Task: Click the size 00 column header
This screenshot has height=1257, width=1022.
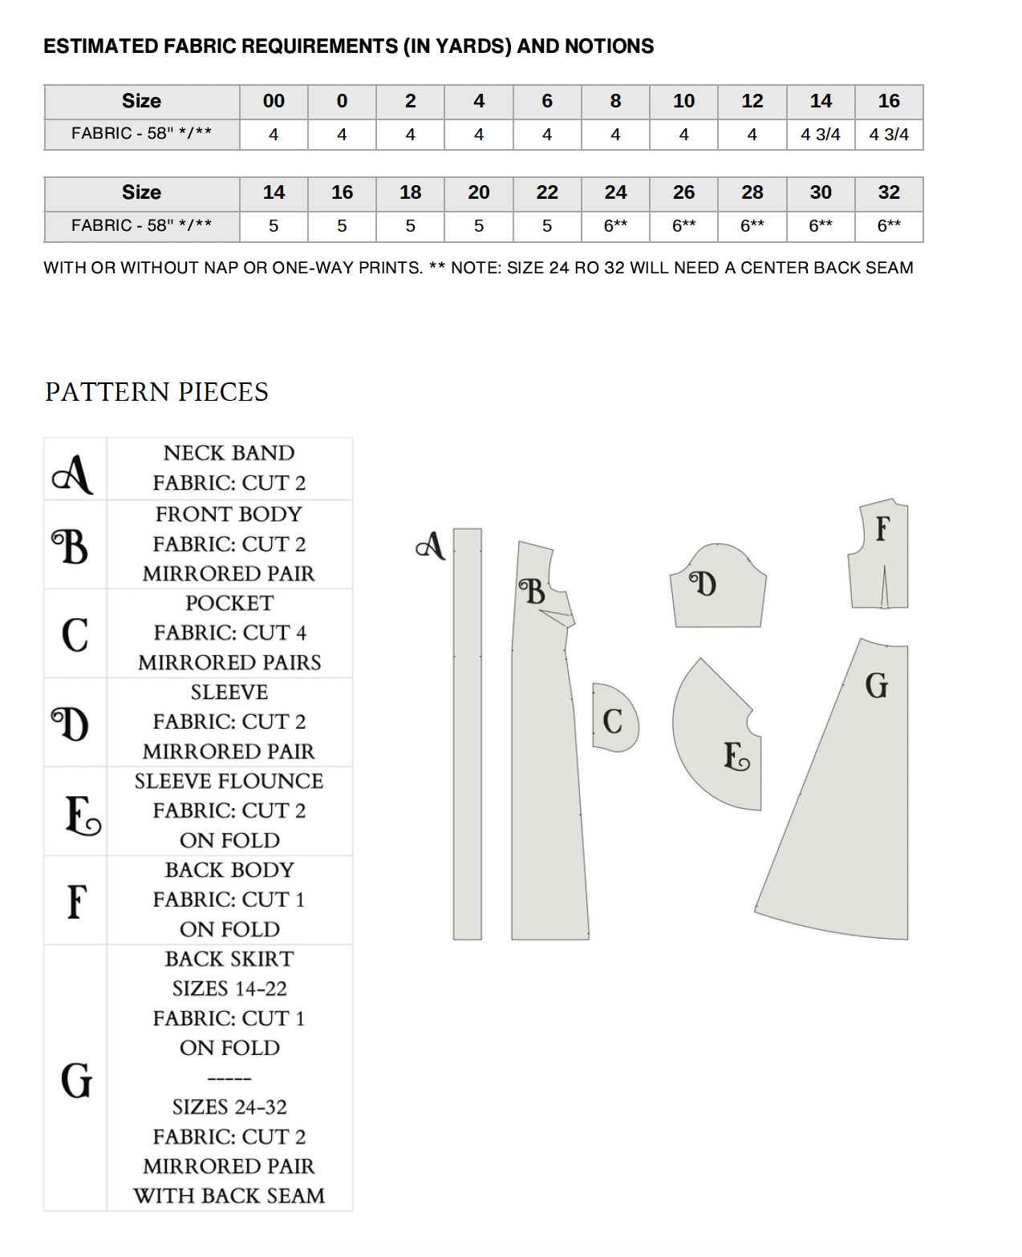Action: pyautogui.click(x=274, y=101)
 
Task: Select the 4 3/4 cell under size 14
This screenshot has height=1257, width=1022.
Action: pyautogui.click(x=821, y=135)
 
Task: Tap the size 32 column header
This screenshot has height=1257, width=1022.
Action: pyautogui.click(x=889, y=192)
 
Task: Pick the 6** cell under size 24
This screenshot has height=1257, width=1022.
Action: pyautogui.click(x=615, y=226)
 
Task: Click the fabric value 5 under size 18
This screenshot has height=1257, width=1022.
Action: pyautogui.click(x=410, y=226)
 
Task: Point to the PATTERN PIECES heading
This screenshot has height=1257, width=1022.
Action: pyautogui.click(x=156, y=392)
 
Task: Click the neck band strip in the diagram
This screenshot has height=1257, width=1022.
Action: pyautogui.click(x=467, y=734)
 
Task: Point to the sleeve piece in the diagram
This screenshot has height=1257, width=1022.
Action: pyautogui.click(x=719, y=589)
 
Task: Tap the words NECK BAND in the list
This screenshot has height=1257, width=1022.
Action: pyautogui.click(x=229, y=453)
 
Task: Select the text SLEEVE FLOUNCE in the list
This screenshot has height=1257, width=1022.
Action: pyautogui.click(x=229, y=781)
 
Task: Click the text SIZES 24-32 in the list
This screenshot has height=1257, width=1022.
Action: pyautogui.click(x=229, y=1107)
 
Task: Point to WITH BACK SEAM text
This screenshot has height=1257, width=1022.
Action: pyautogui.click(x=229, y=1196)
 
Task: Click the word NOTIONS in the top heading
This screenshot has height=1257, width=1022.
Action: pyautogui.click(x=609, y=46)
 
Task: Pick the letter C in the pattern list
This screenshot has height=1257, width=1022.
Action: pyautogui.click(x=75, y=634)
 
